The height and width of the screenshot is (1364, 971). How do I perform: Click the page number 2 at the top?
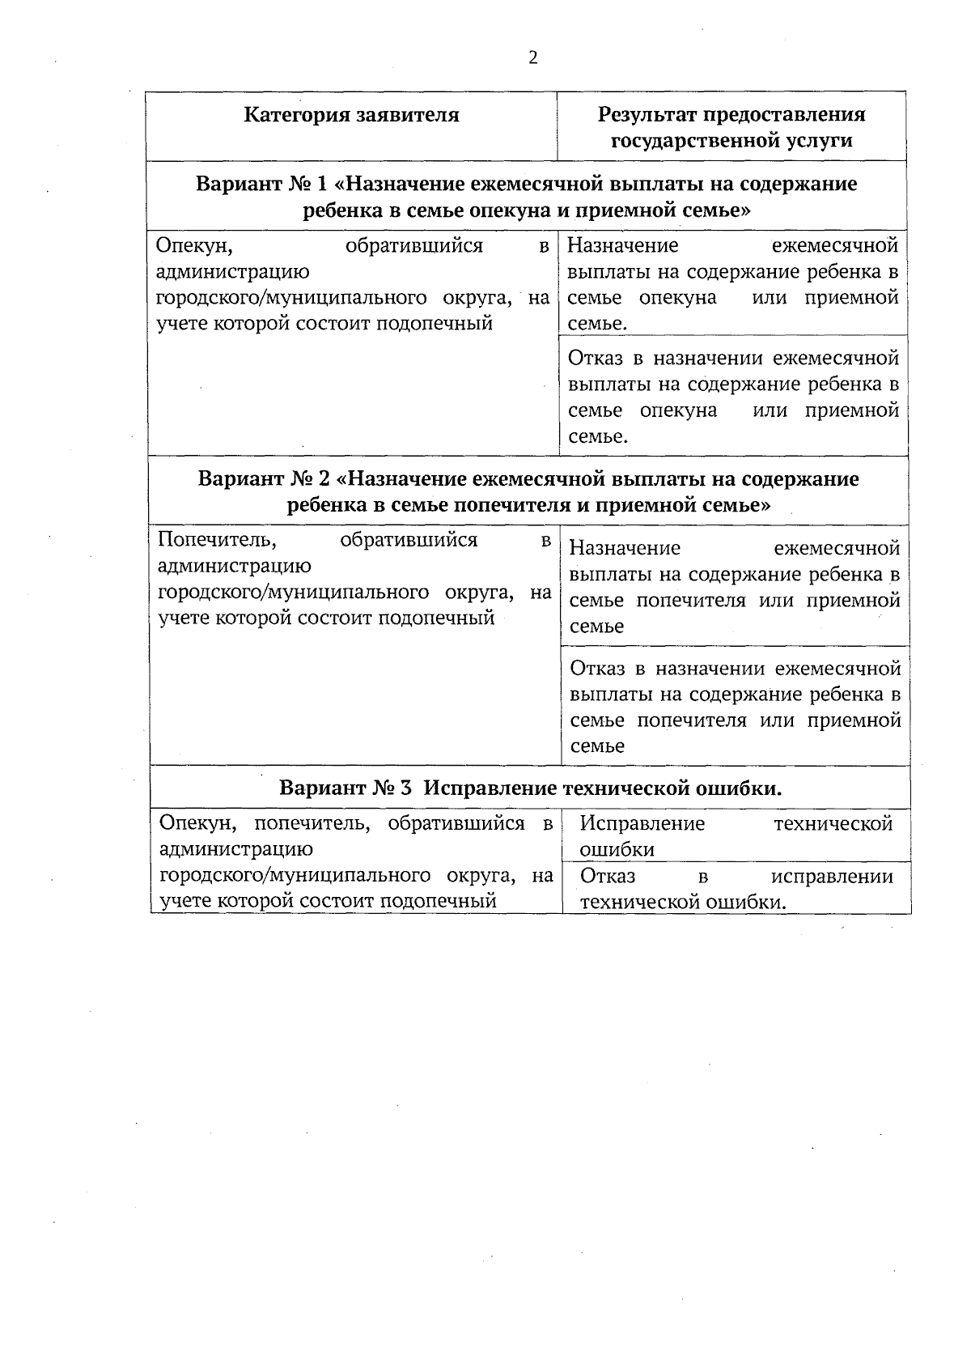point(532,57)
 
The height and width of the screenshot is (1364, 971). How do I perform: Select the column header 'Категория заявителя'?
point(351,115)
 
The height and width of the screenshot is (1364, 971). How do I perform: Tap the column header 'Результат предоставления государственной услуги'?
point(731,127)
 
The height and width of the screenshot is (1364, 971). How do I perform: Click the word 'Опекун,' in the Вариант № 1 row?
point(189,245)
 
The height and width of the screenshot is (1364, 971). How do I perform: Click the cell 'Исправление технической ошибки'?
point(736,836)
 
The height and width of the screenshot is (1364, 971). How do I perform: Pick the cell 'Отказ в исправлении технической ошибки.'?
point(736,889)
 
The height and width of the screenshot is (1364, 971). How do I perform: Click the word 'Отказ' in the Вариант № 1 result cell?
point(596,358)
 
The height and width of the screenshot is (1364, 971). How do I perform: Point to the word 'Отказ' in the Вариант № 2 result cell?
point(599,669)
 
